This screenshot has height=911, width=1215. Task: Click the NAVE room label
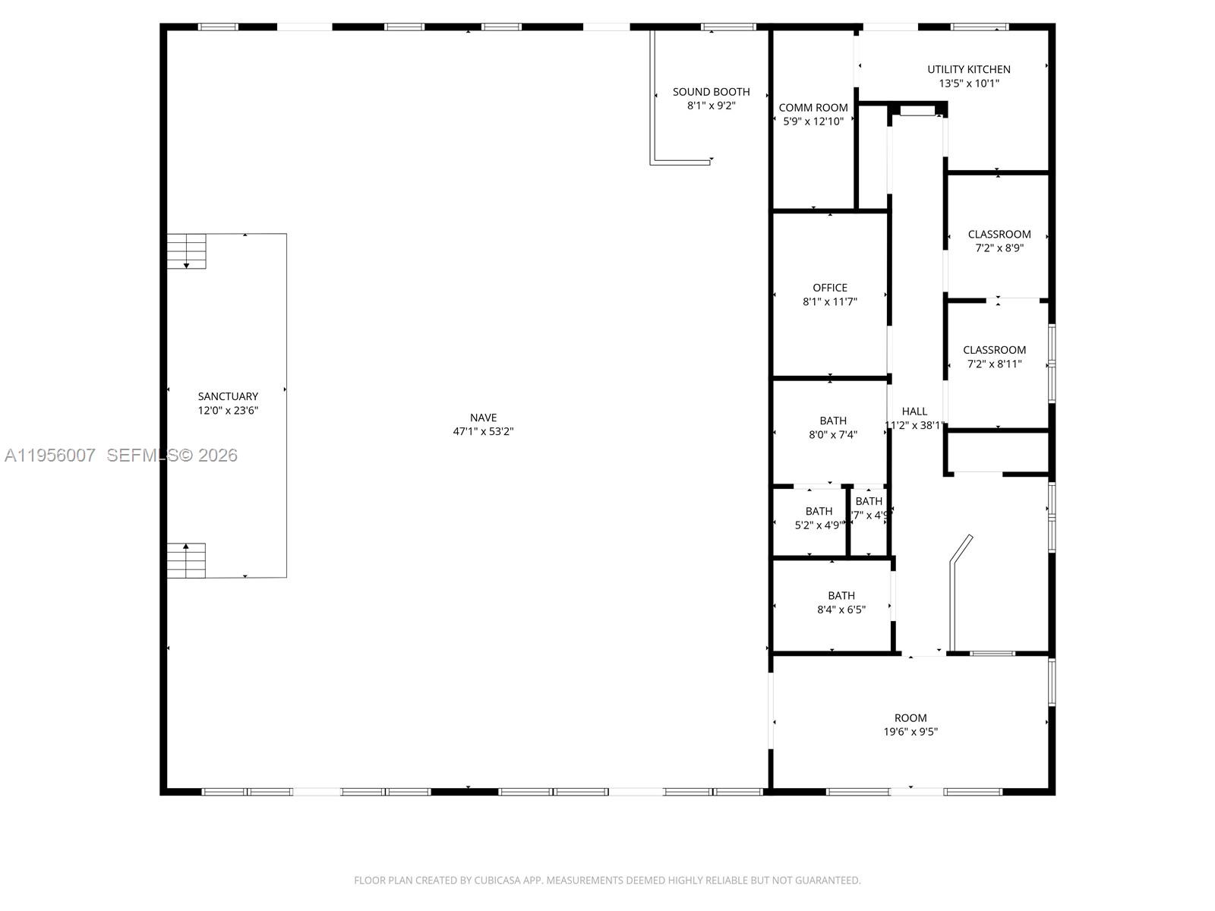tap(483, 418)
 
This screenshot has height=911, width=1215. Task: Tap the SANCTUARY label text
tap(228, 396)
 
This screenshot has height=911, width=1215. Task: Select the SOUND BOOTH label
tap(711, 92)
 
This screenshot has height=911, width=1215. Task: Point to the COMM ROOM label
tap(813, 108)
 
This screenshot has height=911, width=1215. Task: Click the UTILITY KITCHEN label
tap(968, 69)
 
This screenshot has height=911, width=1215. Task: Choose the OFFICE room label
tap(830, 288)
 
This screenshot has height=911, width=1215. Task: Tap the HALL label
tap(914, 411)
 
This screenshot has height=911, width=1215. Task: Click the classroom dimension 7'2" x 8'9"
tap(999, 247)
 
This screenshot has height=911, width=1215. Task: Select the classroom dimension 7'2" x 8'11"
tap(994, 364)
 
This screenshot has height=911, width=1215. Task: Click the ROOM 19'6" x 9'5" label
tap(910, 724)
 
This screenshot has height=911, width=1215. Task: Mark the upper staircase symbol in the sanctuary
tap(187, 251)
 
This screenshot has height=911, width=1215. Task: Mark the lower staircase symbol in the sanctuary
tap(187, 560)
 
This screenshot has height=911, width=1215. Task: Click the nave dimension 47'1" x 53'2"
tap(483, 431)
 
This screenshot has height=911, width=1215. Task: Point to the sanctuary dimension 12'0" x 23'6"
tap(228, 410)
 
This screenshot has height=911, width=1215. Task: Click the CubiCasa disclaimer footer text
tap(607, 881)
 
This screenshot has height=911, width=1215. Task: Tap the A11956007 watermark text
tap(50, 455)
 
